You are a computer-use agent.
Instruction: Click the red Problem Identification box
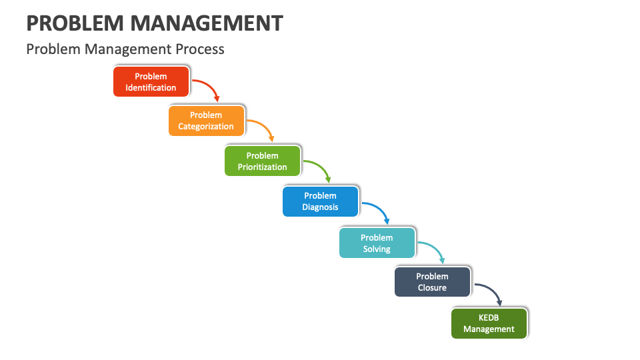(151, 81)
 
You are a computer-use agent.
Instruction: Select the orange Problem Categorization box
(206, 121)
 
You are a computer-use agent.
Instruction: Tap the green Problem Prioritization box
(263, 161)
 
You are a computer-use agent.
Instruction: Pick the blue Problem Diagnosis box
(320, 201)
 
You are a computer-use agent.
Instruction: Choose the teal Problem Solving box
(377, 243)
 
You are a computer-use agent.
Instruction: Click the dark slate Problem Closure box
(432, 282)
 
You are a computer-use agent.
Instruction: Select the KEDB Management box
(489, 323)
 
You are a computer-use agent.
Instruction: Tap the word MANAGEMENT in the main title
(207, 23)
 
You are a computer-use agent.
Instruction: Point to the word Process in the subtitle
(201, 49)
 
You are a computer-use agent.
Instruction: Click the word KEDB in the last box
(489, 317)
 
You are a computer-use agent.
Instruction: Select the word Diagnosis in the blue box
(320, 207)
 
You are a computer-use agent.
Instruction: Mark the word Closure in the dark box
(432, 288)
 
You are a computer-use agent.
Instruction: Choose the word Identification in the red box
(151, 87)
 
